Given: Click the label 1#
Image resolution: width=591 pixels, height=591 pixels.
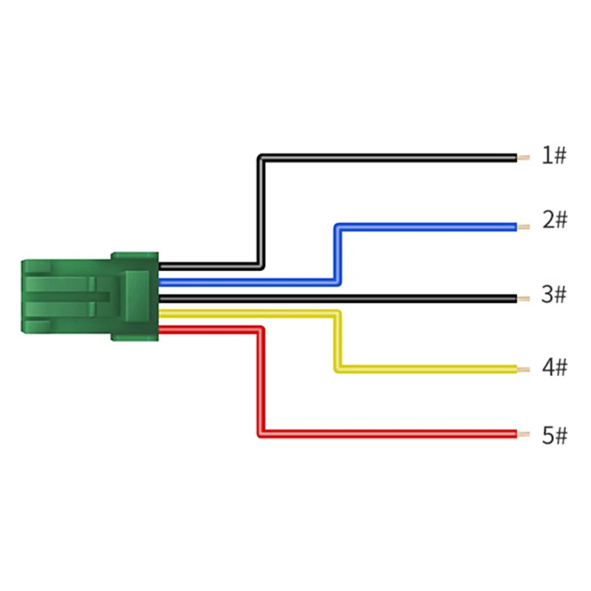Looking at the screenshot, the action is (x=553, y=156).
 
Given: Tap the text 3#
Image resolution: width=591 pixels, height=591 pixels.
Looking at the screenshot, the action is (x=553, y=295).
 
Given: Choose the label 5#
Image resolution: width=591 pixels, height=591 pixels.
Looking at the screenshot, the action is (x=554, y=436).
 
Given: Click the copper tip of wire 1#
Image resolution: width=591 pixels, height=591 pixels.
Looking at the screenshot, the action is (x=523, y=157).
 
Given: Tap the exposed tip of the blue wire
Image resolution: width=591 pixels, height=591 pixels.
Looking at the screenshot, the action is (x=523, y=227).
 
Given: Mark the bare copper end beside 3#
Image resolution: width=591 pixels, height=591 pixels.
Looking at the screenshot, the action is (x=523, y=298).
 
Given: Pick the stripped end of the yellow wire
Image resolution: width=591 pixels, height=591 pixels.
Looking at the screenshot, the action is (x=523, y=369).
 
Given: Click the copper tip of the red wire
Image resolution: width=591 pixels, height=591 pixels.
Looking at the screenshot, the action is (x=523, y=434).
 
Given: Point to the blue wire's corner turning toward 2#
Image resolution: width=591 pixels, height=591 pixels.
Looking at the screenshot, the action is (x=338, y=227).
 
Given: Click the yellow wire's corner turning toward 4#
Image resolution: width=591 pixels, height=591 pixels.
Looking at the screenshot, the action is (x=338, y=367).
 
